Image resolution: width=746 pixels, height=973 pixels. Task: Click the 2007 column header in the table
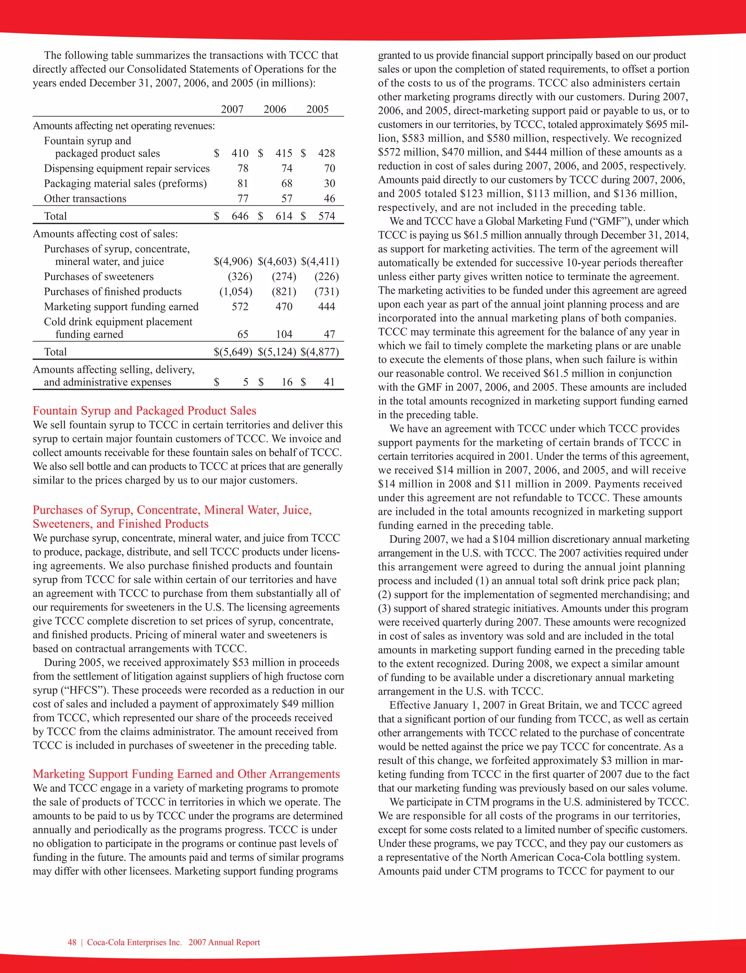tap(232, 109)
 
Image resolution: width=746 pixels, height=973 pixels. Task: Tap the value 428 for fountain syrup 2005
tap(326, 153)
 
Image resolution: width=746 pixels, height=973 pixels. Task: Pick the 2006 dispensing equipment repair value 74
tap(287, 168)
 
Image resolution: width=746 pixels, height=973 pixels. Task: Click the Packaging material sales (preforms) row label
tap(125, 183)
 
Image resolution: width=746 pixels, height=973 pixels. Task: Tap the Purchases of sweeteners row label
tap(99, 276)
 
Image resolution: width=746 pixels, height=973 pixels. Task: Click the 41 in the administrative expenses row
tap(329, 382)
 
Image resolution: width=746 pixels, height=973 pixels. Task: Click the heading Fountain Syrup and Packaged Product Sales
tap(144, 410)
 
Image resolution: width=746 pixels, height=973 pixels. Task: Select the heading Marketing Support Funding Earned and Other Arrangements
tap(186, 774)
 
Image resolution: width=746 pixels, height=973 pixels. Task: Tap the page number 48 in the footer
tap(72, 942)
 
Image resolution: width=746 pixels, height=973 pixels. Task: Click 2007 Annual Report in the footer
tap(224, 942)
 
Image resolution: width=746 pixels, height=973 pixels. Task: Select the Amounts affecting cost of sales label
tap(105, 234)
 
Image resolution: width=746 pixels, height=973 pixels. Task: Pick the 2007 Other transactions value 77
tap(243, 199)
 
